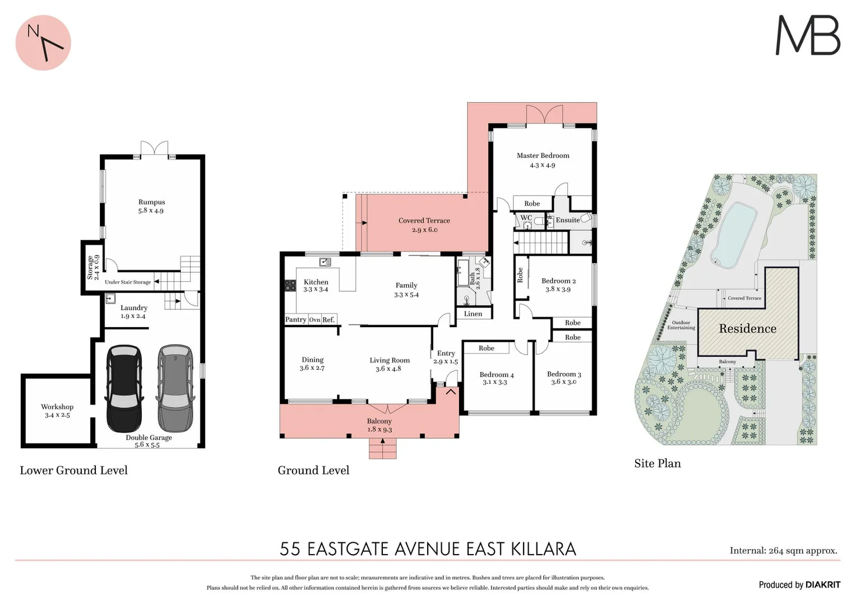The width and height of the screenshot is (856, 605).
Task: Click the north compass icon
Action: point(43,43)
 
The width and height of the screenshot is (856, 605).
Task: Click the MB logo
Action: point(807,35)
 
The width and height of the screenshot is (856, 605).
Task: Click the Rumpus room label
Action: point(151,202)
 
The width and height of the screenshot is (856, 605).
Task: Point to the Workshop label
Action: point(57,407)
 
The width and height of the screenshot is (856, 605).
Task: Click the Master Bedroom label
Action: point(543,156)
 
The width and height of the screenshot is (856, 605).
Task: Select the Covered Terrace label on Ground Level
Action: point(424,221)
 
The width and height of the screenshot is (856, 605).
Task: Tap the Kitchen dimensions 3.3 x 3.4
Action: point(316,290)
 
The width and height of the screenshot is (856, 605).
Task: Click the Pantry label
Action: point(295,320)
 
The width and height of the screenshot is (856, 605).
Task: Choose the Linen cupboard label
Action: point(473,314)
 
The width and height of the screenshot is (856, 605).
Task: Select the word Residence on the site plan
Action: point(747,329)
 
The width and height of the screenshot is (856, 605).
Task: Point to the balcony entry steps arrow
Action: point(382,441)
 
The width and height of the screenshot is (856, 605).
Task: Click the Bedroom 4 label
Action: point(496,375)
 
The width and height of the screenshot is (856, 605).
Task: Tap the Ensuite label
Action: point(567,220)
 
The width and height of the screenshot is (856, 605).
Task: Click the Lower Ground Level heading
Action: point(73,471)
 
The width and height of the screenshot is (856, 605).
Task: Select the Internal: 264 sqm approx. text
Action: point(783,551)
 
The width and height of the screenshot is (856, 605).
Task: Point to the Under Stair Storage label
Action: point(128,282)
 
